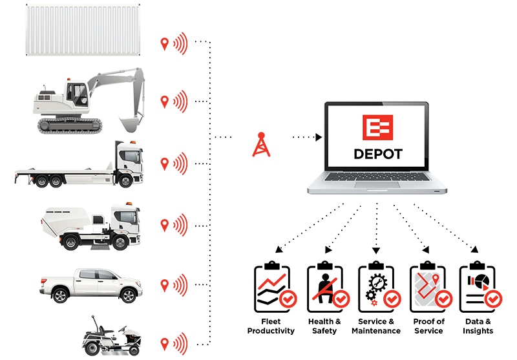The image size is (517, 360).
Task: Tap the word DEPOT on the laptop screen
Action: [378, 154]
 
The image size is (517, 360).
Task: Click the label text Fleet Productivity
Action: [271, 326]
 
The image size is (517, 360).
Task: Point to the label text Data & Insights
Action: [478, 326]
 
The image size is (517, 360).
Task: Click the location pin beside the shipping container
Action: [165, 44]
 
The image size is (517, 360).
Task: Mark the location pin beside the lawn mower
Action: [165, 343]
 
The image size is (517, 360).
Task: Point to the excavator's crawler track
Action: [68, 124]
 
